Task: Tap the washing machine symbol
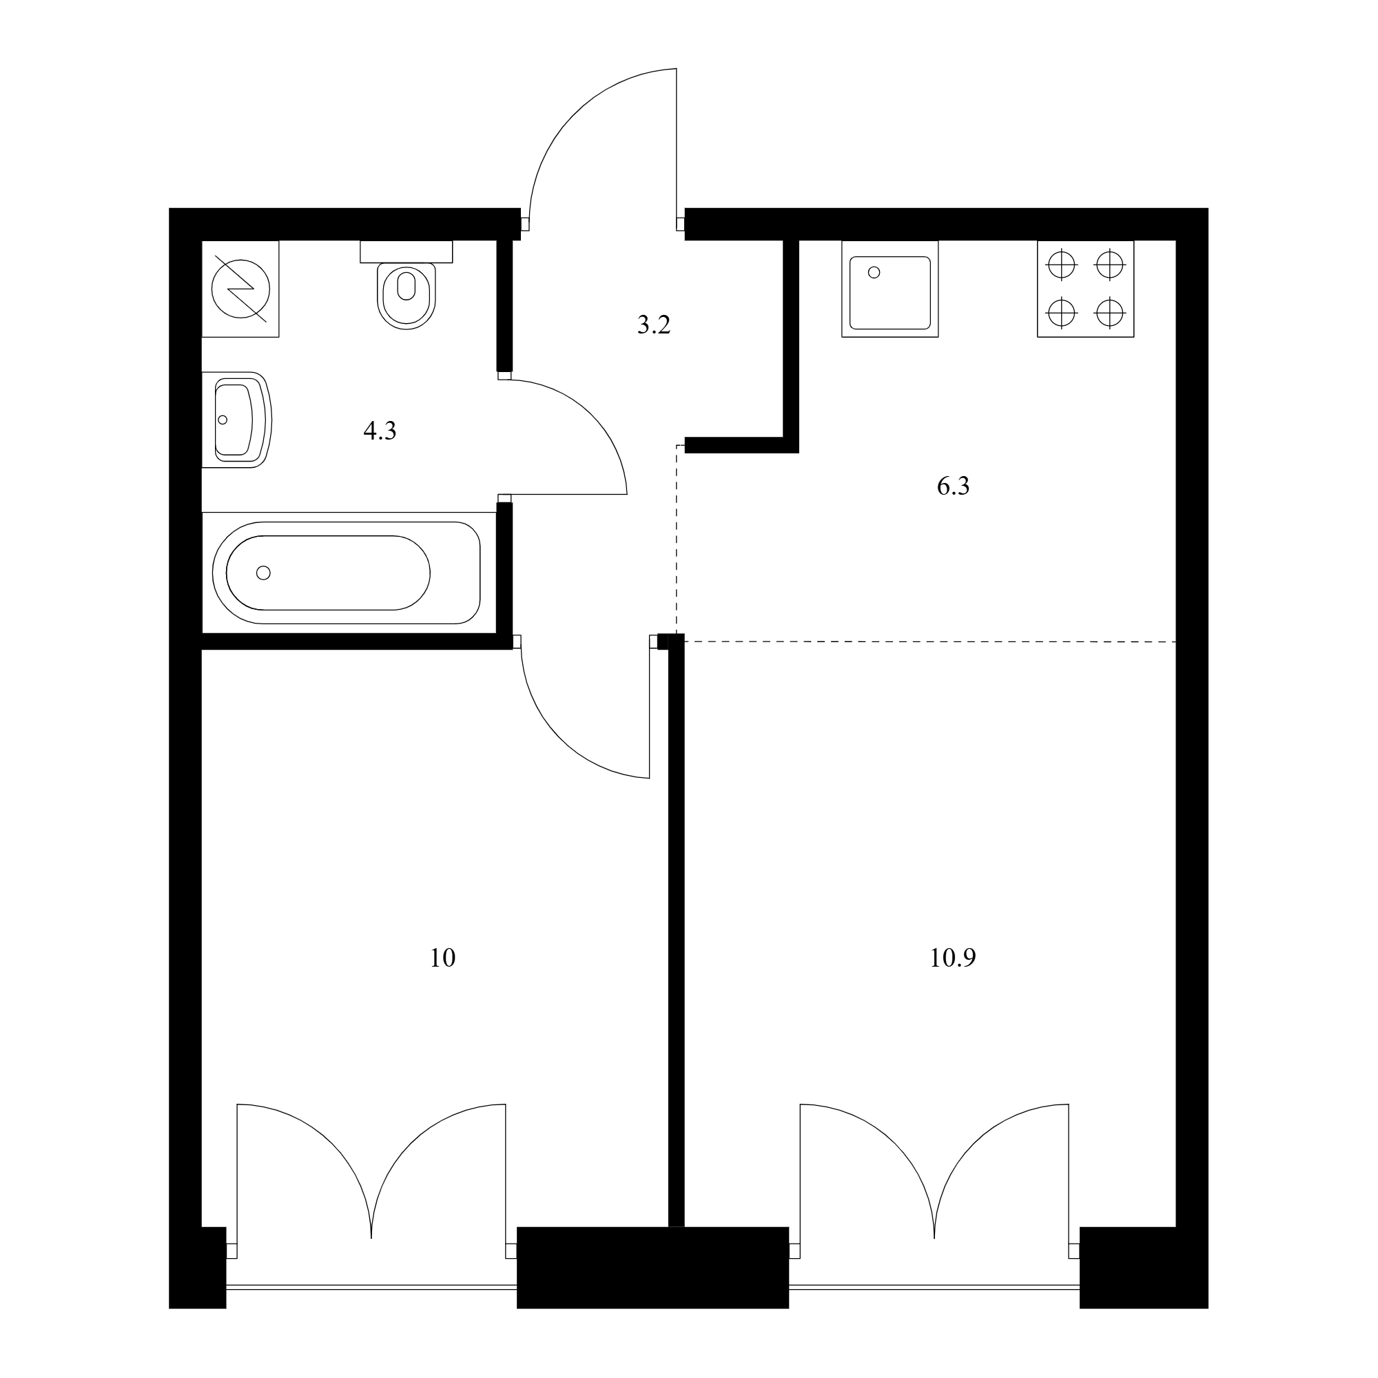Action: (240, 289)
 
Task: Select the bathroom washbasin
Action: (237, 420)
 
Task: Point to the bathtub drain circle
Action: (263, 573)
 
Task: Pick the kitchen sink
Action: (889, 289)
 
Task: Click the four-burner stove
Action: (1086, 289)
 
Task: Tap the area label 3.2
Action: (653, 325)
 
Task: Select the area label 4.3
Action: (380, 431)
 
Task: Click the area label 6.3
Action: (953, 486)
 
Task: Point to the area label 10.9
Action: (953, 958)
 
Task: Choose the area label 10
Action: (442, 958)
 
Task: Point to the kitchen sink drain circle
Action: (874, 271)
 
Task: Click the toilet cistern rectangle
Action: (406, 251)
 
